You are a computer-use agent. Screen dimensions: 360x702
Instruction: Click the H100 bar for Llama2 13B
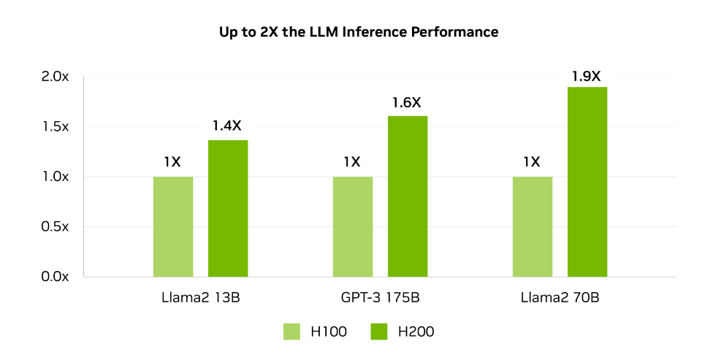(x=173, y=226)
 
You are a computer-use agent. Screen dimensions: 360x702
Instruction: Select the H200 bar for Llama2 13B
(x=228, y=208)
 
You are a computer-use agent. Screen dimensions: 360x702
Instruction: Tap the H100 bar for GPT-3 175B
(x=353, y=226)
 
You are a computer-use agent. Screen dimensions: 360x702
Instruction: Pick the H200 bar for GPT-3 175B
(x=408, y=196)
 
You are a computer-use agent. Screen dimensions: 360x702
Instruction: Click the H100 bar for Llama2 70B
(x=533, y=226)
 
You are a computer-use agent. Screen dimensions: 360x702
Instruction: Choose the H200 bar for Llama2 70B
(x=587, y=181)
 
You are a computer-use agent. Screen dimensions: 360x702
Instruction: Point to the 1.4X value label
(x=226, y=126)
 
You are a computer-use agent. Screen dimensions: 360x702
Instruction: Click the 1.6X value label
(x=407, y=102)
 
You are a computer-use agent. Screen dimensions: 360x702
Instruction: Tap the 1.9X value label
(x=587, y=75)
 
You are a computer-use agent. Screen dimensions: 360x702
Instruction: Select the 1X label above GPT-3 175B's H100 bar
(x=352, y=162)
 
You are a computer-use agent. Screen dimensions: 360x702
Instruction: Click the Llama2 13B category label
(x=200, y=298)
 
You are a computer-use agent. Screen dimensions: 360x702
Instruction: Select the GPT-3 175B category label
(x=380, y=298)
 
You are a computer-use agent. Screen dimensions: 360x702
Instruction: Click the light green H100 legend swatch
(x=292, y=332)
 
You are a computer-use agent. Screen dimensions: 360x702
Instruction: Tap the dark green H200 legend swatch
(x=380, y=332)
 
